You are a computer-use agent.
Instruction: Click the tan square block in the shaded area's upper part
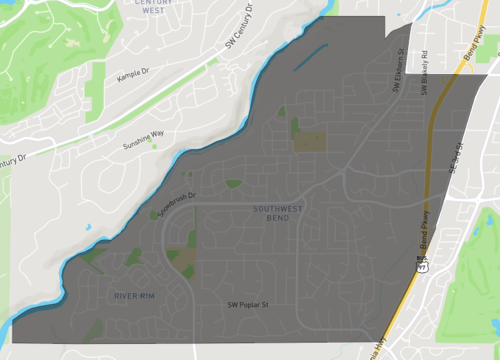pyautogui.click(x=308, y=142)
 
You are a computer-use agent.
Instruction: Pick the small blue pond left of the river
pyautogui.click(x=88, y=227)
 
